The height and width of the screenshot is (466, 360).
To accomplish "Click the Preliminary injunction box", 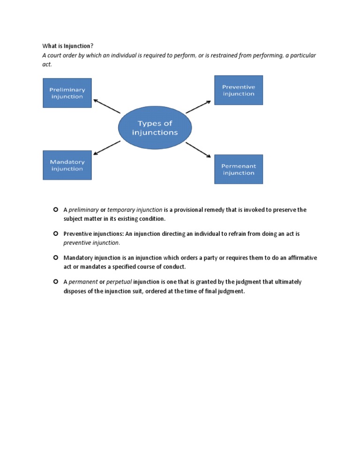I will [67, 93].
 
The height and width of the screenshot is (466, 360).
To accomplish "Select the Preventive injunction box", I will [239, 90].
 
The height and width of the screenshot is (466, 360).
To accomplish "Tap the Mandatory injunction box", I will [67, 165].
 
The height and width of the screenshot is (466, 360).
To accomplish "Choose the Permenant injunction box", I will [239, 169].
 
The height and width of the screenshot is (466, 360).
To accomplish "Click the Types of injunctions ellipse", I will [155, 128].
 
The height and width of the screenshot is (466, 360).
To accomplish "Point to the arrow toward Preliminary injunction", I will [107, 106].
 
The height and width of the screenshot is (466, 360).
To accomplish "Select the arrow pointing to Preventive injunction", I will [198, 106].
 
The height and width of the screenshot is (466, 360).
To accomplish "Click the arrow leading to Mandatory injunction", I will [107, 147].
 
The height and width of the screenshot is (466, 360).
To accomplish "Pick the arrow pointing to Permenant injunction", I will [198, 150].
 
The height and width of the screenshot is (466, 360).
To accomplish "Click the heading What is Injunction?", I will [68, 46].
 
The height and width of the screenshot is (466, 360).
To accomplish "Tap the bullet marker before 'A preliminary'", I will [55, 210].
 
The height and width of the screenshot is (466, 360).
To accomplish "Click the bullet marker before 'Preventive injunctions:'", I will [55, 233].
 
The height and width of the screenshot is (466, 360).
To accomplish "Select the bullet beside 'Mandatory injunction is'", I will [55, 258].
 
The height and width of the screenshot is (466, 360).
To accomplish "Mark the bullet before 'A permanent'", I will [55, 282].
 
